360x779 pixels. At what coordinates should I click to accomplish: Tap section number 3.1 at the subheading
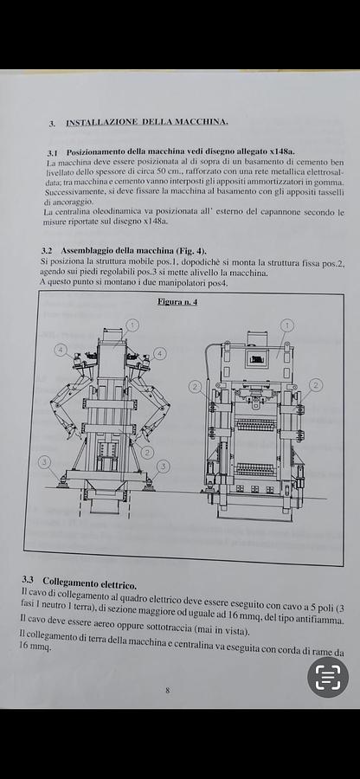(x=52, y=152)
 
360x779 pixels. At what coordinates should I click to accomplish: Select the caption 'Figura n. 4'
(x=177, y=302)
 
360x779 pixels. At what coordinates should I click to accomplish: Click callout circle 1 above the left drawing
(x=132, y=325)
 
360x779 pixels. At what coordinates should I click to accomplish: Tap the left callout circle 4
(x=61, y=351)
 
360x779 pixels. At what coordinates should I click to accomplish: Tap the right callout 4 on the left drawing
(x=159, y=353)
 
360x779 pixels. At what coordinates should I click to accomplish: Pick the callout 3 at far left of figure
(x=44, y=462)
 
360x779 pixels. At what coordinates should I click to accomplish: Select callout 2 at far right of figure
(x=316, y=385)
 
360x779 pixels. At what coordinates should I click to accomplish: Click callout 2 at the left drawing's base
(x=147, y=452)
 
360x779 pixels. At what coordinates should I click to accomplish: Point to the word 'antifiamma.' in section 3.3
(x=314, y=620)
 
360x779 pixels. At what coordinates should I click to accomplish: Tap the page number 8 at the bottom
(x=167, y=690)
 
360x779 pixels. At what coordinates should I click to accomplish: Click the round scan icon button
(x=327, y=678)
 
